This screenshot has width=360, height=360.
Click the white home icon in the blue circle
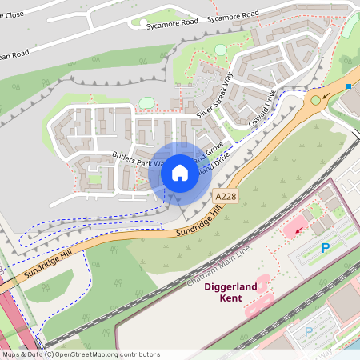[179, 173]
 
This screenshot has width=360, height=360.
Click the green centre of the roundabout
[316, 100]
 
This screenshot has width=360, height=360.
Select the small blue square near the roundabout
[349, 86]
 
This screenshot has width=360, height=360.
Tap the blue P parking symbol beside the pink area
[326, 248]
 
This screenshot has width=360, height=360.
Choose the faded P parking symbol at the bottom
[309, 331]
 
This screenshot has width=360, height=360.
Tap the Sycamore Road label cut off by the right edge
[233, 15]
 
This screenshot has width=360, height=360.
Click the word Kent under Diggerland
[230, 299]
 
